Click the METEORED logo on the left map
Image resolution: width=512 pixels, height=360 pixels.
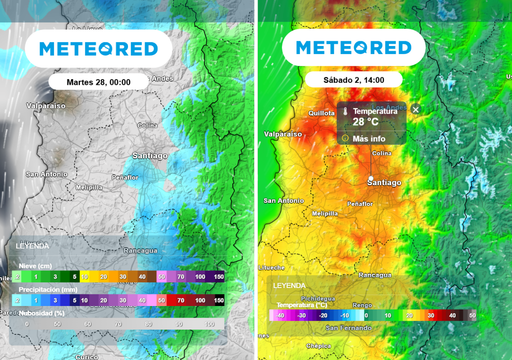99,47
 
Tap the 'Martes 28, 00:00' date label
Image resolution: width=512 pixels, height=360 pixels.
99,81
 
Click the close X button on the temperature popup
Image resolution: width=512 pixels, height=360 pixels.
416,109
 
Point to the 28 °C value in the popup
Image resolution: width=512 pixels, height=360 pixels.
366,123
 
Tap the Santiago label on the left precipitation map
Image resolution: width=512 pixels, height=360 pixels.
150,157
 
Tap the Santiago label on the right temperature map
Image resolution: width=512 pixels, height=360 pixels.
384,183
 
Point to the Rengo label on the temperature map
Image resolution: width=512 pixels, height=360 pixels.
362,305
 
